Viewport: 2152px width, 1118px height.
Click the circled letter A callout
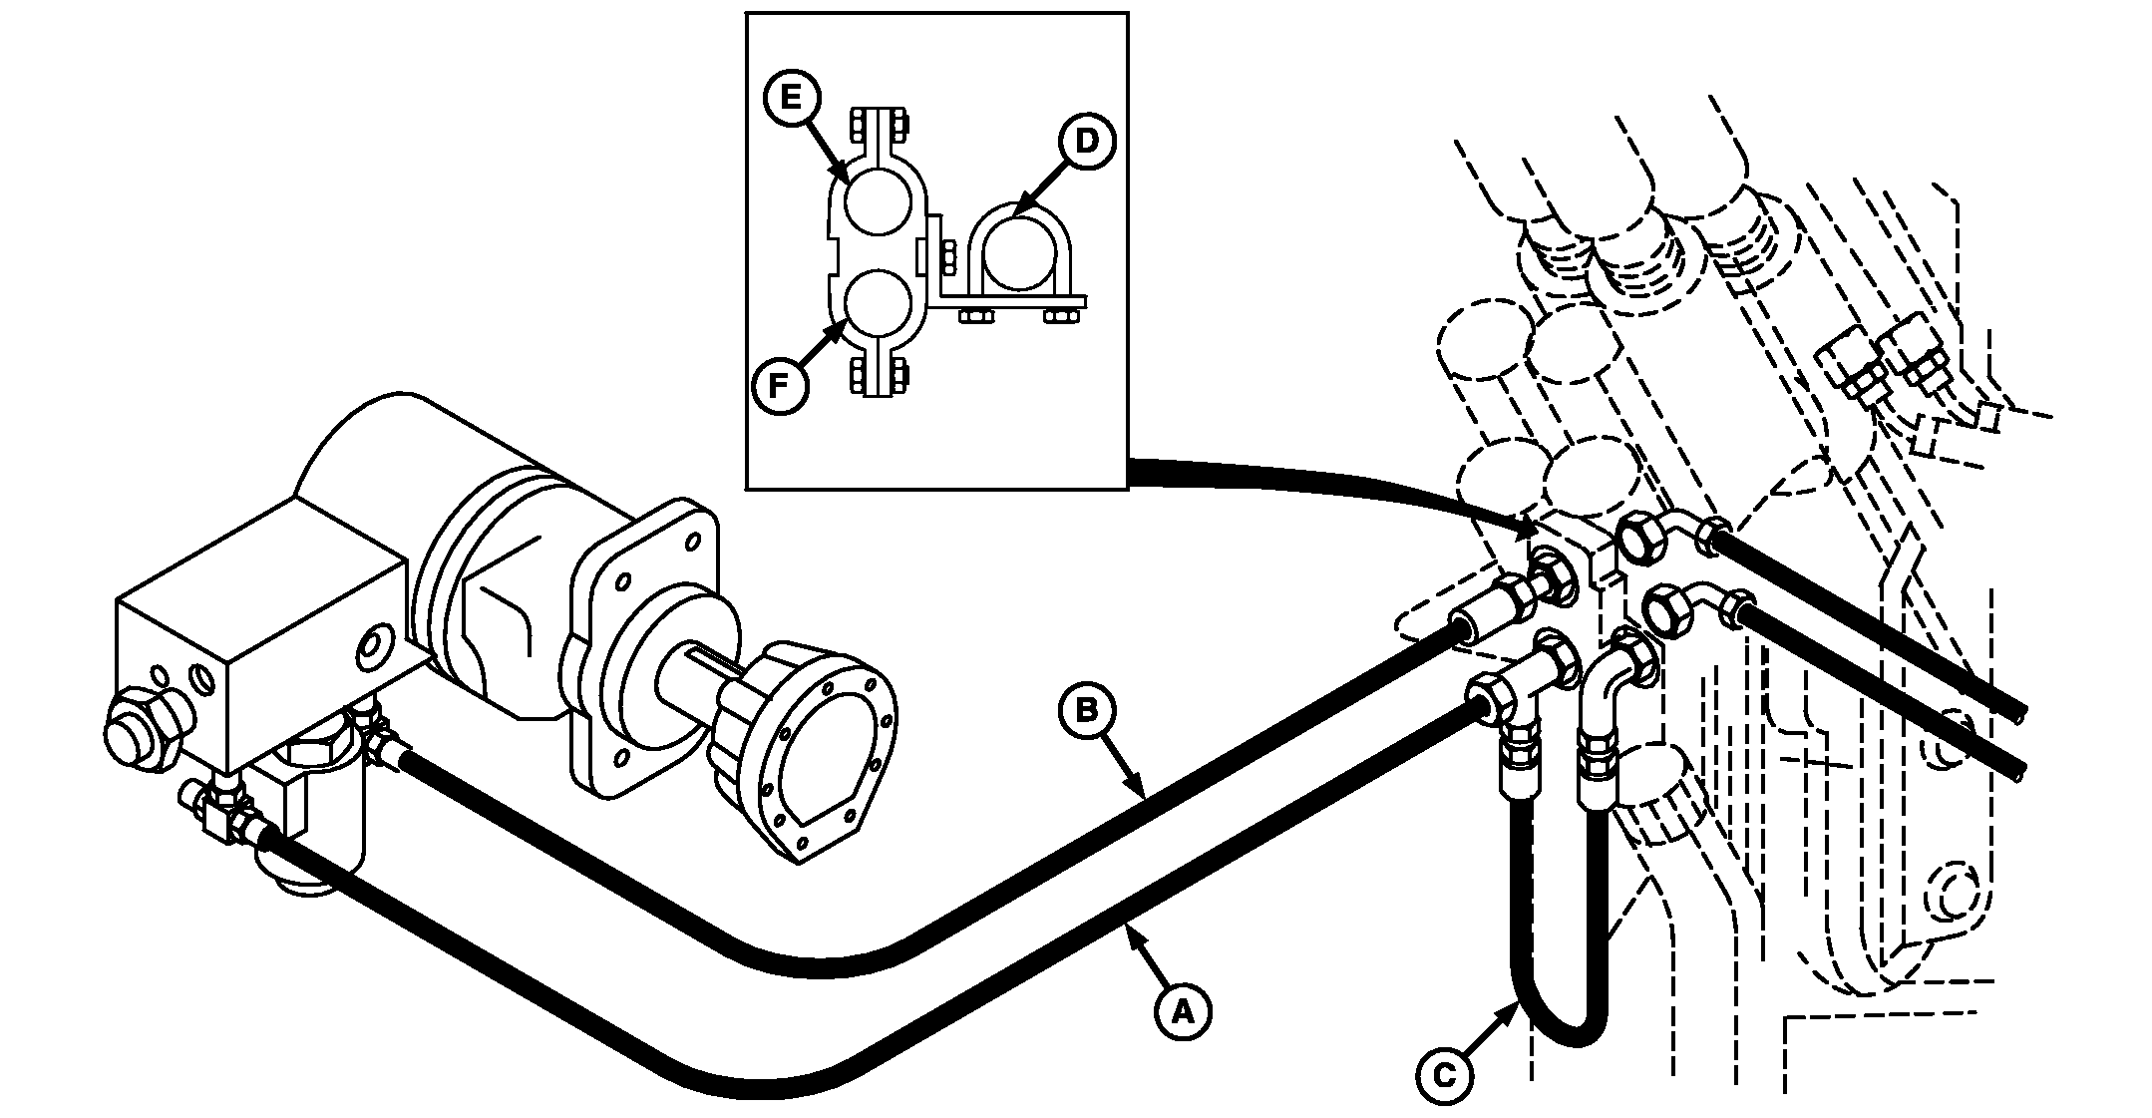click(x=1183, y=1011)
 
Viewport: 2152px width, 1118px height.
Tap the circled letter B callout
click(x=1088, y=711)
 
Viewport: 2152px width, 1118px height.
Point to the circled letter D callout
click(x=1086, y=142)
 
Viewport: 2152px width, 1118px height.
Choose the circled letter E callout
click(x=791, y=97)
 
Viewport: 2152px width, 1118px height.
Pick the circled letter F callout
click(x=781, y=384)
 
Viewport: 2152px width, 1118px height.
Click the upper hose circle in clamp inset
click(x=878, y=200)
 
